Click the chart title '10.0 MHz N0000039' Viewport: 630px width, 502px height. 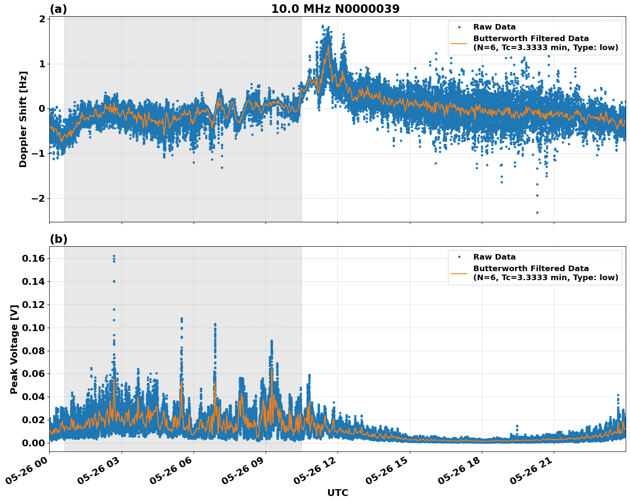(x=335, y=9)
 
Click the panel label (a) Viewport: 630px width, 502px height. (x=58, y=9)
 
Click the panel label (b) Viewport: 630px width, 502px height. (x=58, y=239)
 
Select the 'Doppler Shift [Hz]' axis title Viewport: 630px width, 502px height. (x=23, y=119)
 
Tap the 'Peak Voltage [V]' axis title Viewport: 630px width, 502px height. (x=14, y=349)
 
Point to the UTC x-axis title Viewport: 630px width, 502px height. (x=337, y=493)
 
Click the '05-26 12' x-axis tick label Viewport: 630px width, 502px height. (x=315, y=474)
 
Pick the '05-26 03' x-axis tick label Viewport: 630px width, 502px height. (x=99, y=474)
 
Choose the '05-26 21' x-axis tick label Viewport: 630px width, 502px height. (x=531, y=474)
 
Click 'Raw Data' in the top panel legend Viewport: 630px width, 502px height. (x=494, y=27)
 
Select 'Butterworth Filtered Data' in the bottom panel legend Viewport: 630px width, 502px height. (x=531, y=269)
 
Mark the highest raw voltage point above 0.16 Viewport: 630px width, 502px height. (x=114, y=256)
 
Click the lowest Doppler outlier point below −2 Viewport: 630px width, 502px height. (x=537, y=212)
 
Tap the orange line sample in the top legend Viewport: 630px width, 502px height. (x=459, y=43)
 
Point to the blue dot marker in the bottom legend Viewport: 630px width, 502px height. (x=459, y=257)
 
